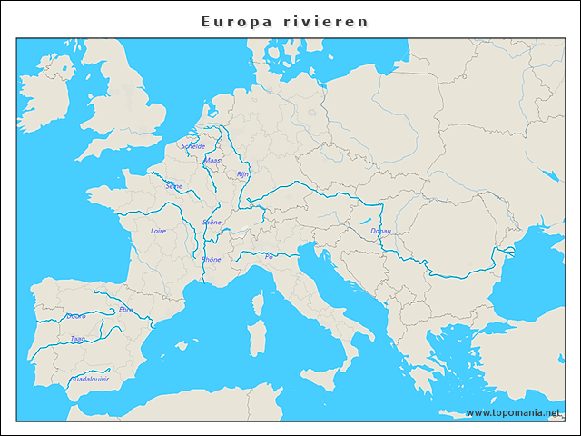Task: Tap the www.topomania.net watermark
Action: [x=519, y=412]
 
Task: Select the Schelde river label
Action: [x=193, y=145]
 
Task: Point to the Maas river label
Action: [x=212, y=160]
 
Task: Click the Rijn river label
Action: [x=242, y=173]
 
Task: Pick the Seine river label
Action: [x=173, y=185]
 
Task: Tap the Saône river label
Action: [x=212, y=222]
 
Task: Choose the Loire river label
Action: [x=158, y=231]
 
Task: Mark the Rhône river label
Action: [x=211, y=259]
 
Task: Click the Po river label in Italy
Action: [x=269, y=256]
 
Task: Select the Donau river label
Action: [x=381, y=231]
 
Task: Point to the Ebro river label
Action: [x=125, y=309]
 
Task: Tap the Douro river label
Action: [x=76, y=316]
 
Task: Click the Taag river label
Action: [x=78, y=338]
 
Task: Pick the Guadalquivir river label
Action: [x=89, y=378]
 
